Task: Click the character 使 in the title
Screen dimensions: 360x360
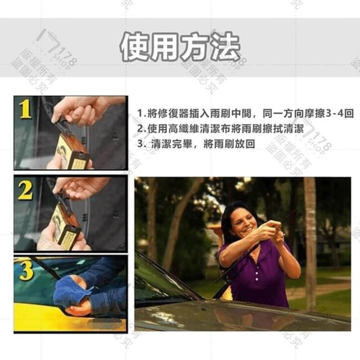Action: (135, 47)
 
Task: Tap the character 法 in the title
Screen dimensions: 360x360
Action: (226, 47)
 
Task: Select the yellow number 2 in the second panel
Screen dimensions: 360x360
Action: (25, 190)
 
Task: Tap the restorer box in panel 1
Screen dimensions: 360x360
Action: (71, 151)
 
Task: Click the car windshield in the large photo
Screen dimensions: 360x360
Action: (161, 280)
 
